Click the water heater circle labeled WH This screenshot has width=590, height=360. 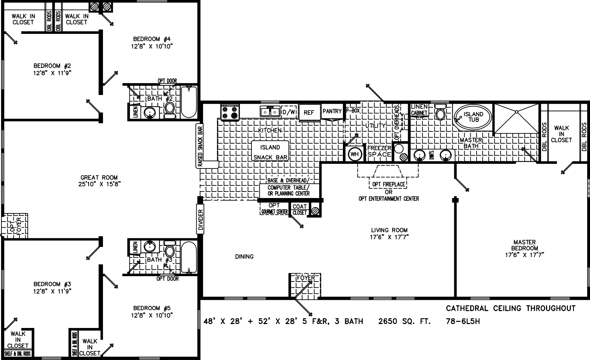[355, 154]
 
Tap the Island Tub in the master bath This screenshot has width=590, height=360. [473, 117]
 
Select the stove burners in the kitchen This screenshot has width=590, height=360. [230, 112]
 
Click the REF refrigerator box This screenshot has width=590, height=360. [309, 113]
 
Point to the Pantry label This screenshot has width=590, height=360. [332, 111]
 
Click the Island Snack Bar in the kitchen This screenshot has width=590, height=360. [270, 152]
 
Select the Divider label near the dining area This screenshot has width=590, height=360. [201, 220]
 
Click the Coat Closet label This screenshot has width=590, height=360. [299, 210]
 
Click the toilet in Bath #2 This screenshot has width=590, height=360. [169, 108]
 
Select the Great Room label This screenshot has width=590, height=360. [99, 177]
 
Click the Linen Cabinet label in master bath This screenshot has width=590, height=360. [419, 109]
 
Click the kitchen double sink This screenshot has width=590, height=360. [270, 112]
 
